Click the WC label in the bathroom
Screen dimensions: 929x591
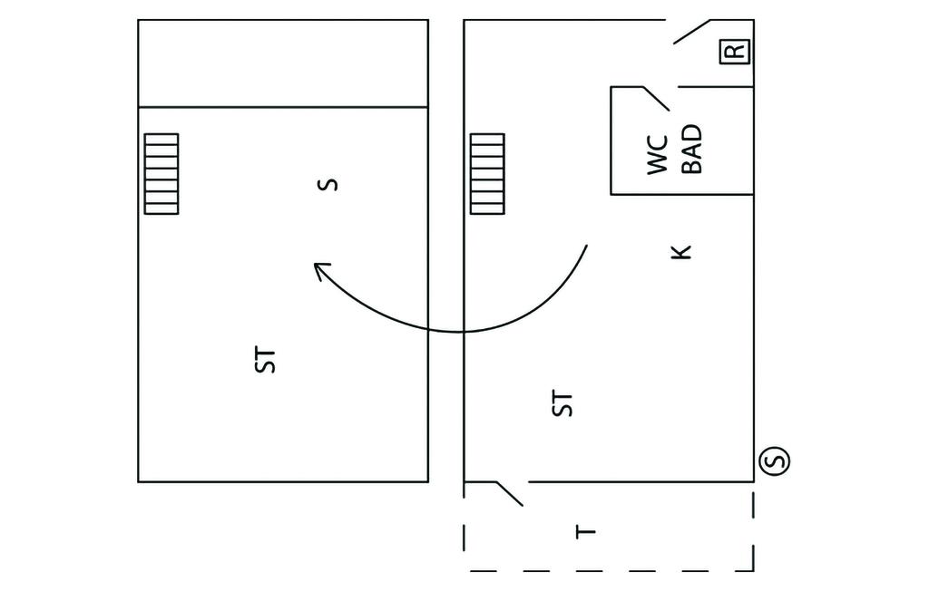pyautogui.click(x=658, y=155)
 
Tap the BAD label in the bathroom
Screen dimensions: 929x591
pyautogui.click(x=691, y=149)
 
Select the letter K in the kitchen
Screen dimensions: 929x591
pyautogui.click(x=682, y=252)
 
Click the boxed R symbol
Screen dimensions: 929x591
pyautogui.click(x=735, y=51)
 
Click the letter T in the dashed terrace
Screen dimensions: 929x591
pyautogui.click(x=586, y=531)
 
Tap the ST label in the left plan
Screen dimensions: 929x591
pyautogui.click(x=266, y=362)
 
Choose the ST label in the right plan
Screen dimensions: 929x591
pyautogui.click(x=562, y=403)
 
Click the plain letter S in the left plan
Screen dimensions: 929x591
pyautogui.click(x=328, y=184)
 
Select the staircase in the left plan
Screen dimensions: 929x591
pyautogui.click(x=161, y=173)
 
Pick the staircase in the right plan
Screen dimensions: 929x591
pyautogui.click(x=487, y=173)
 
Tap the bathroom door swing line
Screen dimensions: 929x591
pyautogui.click(x=657, y=98)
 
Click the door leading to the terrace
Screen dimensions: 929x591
pyautogui.click(x=509, y=494)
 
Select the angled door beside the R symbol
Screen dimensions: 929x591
pyautogui.click(x=691, y=32)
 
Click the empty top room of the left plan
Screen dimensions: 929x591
pyautogui.click(x=283, y=63)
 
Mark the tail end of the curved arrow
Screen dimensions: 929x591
pyautogui.click(x=587, y=245)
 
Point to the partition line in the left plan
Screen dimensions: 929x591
pyautogui.click(x=283, y=107)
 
